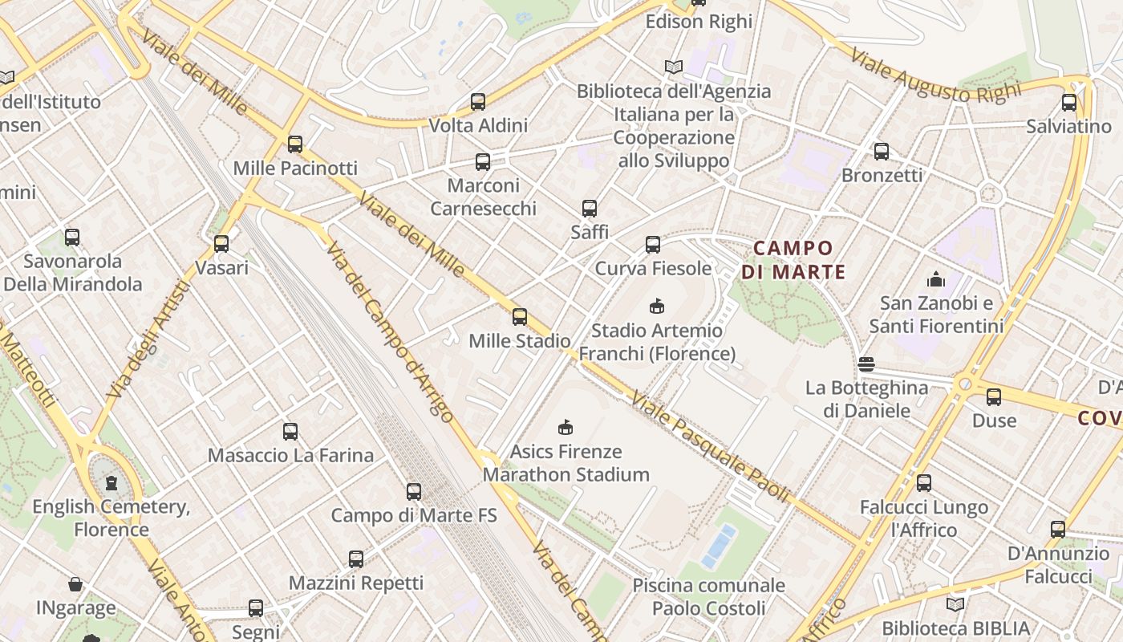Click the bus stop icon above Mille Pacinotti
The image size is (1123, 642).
295,144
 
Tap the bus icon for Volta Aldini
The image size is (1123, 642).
478,102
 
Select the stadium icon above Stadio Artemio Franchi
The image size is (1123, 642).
657,306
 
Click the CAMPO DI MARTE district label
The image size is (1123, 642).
793,259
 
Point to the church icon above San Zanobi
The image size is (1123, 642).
935,279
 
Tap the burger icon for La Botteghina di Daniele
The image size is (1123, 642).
866,364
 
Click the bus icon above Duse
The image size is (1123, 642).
994,396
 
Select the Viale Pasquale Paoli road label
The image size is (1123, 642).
710,446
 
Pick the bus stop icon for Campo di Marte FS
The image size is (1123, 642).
414,492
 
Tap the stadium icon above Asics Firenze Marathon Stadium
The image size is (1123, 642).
566,427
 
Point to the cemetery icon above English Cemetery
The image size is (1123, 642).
111,483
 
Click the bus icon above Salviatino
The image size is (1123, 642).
1069,103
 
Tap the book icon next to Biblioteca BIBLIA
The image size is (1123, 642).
955,604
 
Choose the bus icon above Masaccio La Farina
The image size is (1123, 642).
290,432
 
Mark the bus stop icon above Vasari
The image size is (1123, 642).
221,244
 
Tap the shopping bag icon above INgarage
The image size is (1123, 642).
75,584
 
